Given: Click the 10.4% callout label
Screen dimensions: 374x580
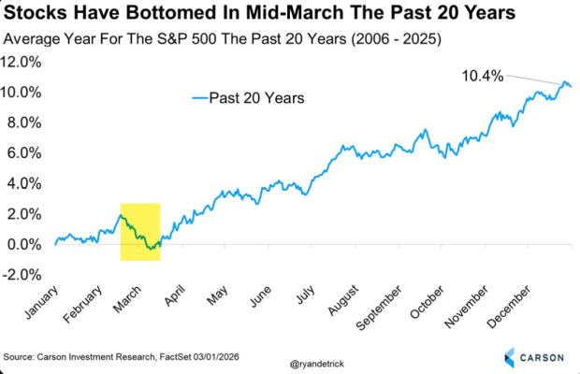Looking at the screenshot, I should [x=483, y=77].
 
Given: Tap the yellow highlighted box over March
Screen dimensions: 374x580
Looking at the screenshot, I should [x=140, y=231].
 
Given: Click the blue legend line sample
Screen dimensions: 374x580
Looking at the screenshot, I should [x=198, y=96].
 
